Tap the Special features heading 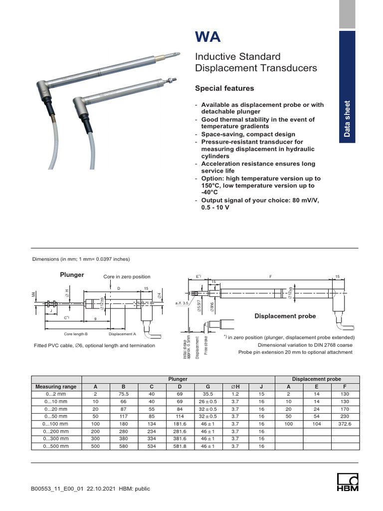[x=224, y=88]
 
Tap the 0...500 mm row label [x=56, y=446]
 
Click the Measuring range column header [x=56, y=386]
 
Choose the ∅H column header [x=234, y=386]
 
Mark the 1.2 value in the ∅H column [x=234, y=394]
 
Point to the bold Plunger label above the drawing [x=72, y=275]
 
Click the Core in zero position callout [x=127, y=276]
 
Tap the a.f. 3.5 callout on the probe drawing [x=182, y=303]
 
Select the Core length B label [x=76, y=334]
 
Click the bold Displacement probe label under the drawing [x=285, y=316]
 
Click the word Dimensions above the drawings [x=45, y=259]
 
